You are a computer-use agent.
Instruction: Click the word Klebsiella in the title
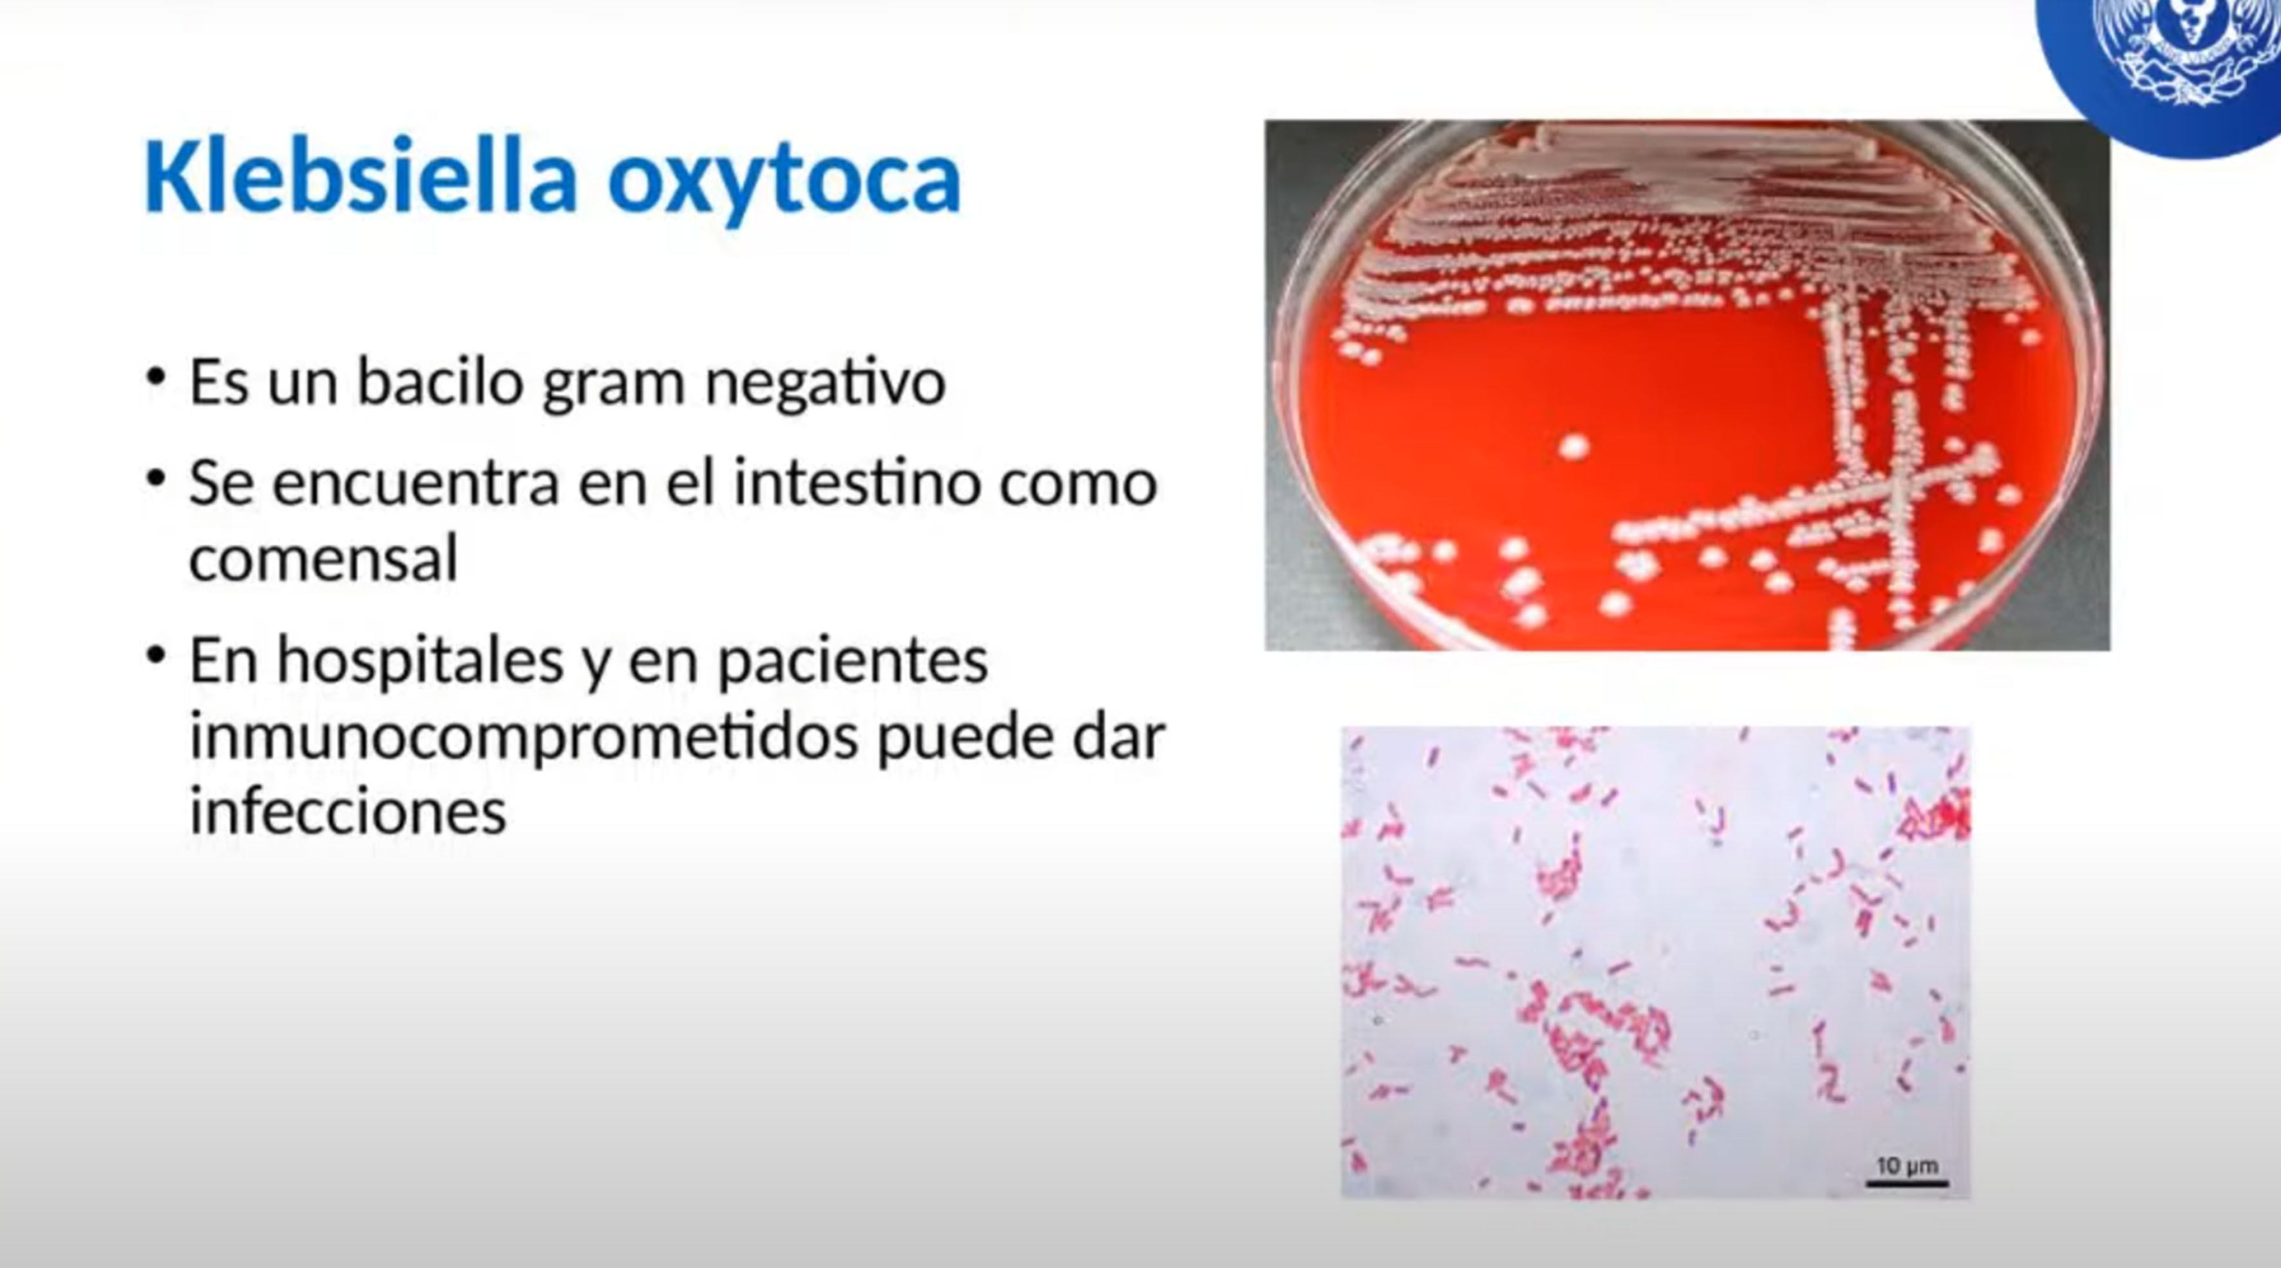pyautogui.click(x=361, y=177)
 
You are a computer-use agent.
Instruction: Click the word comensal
pyautogui.click(x=324, y=559)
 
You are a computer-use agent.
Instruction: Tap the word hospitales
pyautogui.click(x=420, y=662)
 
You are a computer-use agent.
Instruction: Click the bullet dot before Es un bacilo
pyautogui.click(x=156, y=377)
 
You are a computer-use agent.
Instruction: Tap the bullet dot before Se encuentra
pyautogui.click(x=156, y=478)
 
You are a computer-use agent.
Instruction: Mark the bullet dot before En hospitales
pyautogui.click(x=156, y=656)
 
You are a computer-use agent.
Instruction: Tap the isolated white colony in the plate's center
pyautogui.click(x=1573, y=446)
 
